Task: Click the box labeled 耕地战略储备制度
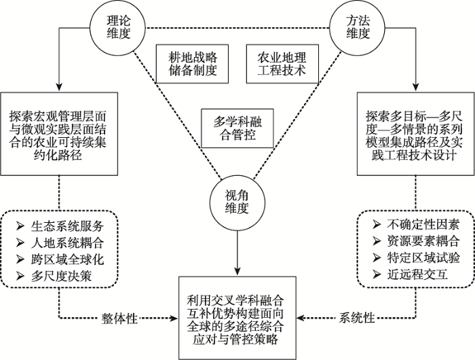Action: [x=192, y=64]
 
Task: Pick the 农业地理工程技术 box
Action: [x=282, y=64]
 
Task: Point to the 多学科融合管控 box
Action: [x=237, y=128]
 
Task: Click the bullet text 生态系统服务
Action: [x=67, y=226]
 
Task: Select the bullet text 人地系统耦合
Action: [x=67, y=242]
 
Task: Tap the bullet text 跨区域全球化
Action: [x=67, y=259]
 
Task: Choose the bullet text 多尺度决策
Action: [x=61, y=276]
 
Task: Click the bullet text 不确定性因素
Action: [x=423, y=225]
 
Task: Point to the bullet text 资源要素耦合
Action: [x=423, y=241]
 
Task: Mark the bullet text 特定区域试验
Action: [x=423, y=258]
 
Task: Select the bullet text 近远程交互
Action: [x=417, y=275]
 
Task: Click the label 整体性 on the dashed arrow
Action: [x=119, y=319]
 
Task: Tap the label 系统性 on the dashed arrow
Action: [x=357, y=318]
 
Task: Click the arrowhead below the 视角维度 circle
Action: [x=237, y=271]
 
